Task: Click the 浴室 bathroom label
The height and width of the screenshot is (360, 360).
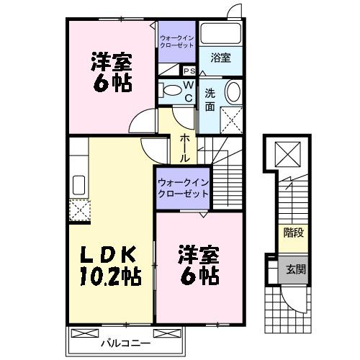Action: point(221,58)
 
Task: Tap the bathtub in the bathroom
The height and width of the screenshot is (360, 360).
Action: point(221,35)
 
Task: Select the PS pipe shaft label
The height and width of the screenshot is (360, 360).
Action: point(189,71)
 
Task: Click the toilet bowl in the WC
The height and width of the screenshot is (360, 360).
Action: point(172,91)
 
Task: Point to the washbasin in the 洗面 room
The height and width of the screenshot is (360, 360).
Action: point(233,92)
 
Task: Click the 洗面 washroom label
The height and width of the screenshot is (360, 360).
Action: point(210,100)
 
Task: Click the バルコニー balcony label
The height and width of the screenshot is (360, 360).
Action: point(120,343)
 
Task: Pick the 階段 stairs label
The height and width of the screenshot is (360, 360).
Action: point(292,233)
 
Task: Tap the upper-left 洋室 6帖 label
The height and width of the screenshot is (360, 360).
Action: point(111,71)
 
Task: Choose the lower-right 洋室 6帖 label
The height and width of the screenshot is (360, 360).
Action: point(198,264)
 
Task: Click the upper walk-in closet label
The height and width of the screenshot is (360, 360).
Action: point(177,41)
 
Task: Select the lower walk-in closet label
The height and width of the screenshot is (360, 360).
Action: point(182,188)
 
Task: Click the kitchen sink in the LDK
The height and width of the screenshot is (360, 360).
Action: point(78,184)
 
